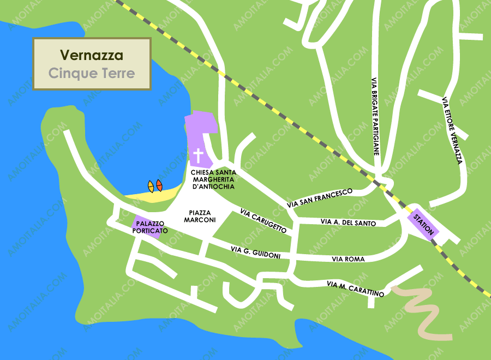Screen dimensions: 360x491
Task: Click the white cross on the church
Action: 199,156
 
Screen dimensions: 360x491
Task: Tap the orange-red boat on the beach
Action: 159,185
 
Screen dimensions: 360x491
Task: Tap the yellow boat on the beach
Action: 151,187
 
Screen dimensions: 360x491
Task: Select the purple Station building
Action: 423,223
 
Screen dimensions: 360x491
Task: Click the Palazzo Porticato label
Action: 149,227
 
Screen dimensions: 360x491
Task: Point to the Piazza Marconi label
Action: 200,216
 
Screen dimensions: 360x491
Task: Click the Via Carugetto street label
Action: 263,221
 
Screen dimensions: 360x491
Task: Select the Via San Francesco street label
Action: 319,198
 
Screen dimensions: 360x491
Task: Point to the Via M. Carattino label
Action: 355,289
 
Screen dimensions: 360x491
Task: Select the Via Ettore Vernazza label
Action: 452,130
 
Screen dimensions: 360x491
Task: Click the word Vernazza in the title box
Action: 91,55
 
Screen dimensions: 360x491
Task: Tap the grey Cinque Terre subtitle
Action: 91,73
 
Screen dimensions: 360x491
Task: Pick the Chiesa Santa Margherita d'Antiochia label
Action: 213,179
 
